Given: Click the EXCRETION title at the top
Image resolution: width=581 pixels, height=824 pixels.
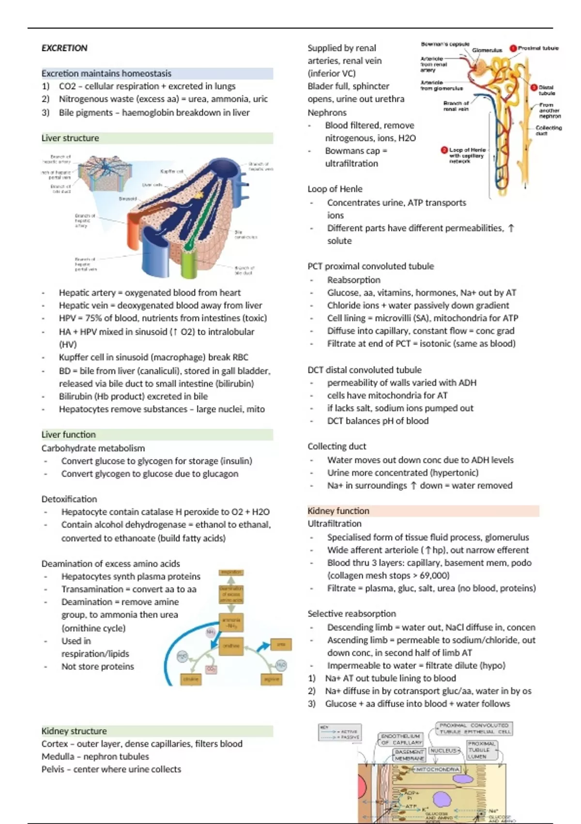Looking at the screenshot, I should click(64, 48).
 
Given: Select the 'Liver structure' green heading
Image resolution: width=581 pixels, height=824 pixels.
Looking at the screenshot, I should click(70, 138).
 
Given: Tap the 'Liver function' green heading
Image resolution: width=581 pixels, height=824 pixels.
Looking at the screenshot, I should click(69, 435).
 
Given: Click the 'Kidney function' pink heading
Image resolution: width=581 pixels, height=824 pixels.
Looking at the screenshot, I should click(338, 511).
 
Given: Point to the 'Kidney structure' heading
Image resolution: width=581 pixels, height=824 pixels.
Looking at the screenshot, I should click(74, 731).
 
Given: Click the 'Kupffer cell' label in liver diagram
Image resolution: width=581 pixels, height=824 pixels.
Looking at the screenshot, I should click(172, 172).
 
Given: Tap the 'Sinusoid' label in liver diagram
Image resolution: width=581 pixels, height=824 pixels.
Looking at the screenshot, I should click(128, 199).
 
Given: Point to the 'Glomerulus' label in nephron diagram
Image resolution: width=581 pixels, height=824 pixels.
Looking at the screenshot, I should click(487, 50).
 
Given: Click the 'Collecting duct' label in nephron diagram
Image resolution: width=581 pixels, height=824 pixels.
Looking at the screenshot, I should click(549, 130).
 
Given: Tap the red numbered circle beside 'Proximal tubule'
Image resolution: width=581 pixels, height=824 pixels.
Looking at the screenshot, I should click(513, 48).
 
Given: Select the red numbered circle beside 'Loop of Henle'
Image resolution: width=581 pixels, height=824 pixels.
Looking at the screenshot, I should click(444, 150).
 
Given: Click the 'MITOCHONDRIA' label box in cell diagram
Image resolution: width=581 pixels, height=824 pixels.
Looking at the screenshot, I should click(437, 769).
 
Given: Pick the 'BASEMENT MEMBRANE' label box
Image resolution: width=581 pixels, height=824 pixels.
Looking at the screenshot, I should click(410, 755).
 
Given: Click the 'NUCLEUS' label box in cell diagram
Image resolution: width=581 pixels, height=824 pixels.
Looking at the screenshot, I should click(444, 750).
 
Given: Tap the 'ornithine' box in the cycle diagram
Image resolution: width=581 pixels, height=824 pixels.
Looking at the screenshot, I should click(231, 646).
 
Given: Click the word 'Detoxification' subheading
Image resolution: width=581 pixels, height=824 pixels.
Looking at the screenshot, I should click(69, 499).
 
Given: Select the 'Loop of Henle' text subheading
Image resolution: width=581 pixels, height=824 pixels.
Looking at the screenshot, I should click(335, 189).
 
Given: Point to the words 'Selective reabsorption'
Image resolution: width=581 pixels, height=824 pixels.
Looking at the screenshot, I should click(352, 614).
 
